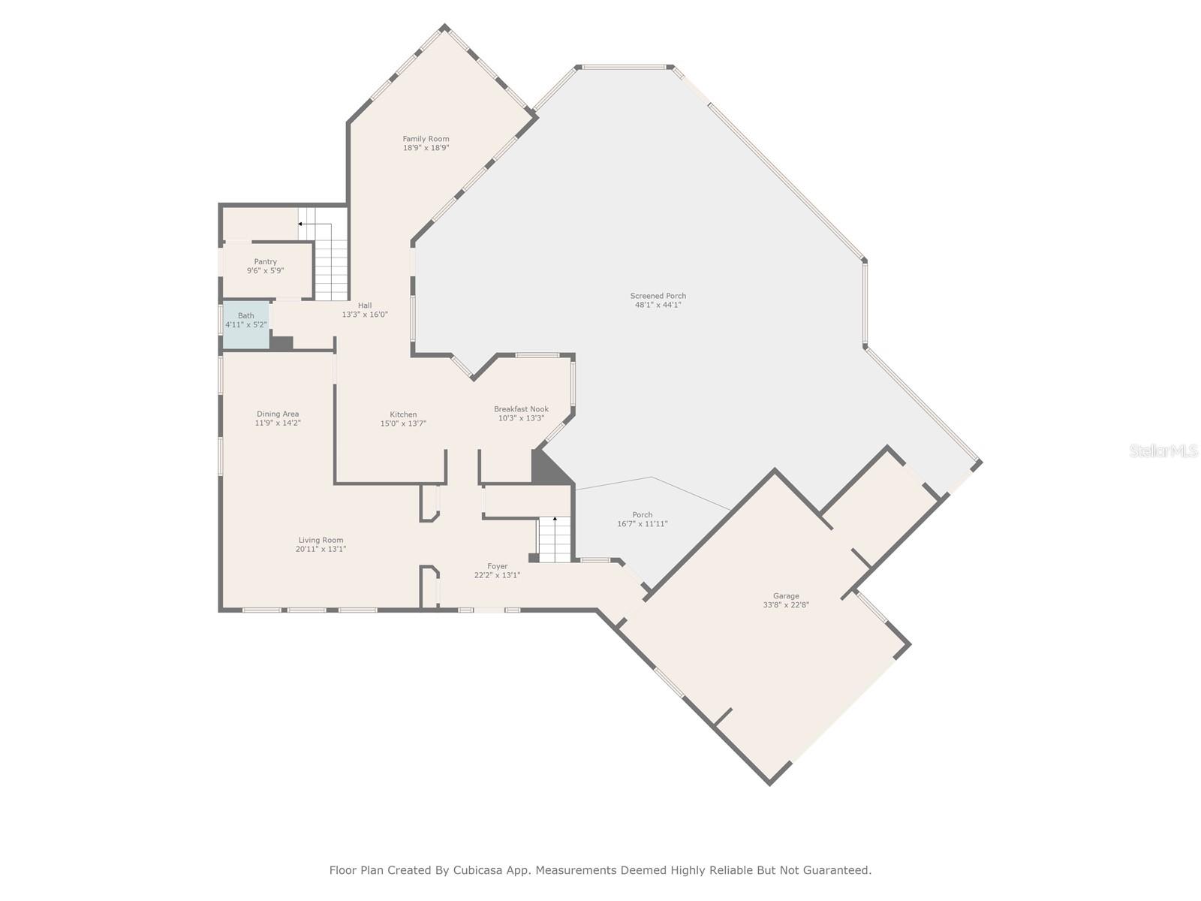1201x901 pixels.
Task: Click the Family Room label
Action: [x=426, y=139]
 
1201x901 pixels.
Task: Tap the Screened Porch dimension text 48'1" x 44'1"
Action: [x=658, y=305]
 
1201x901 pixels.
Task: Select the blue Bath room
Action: [x=245, y=324]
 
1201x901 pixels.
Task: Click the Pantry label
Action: [x=265, y=262]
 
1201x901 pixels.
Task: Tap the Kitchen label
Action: [x=403, y=414]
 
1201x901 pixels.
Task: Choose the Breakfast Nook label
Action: [x=521, y=409]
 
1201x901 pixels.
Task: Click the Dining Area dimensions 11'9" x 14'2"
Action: [x=278, y=423]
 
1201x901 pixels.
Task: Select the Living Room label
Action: [x=321, y=540]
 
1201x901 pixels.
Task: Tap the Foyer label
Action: [x=497, y=566]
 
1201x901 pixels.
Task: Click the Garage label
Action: [x=786, y=595]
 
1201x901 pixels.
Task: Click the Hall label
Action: [x=365, y=306]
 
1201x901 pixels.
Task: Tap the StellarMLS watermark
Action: [x=1163, y=451]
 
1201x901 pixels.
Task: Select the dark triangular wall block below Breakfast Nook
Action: [x=545, y=469]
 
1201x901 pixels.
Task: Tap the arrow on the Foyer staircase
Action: [x=555, y=519]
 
